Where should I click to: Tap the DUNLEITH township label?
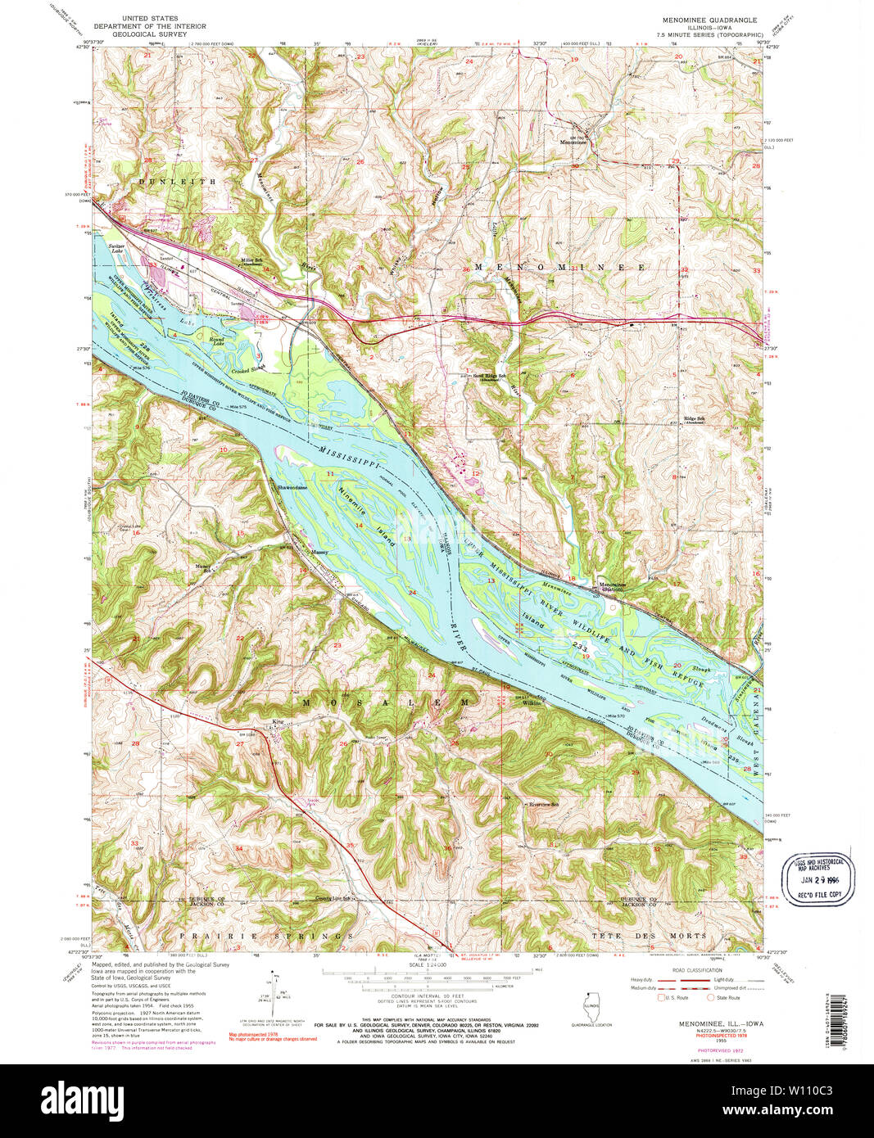click(178, 181)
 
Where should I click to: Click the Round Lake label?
click(216, 341)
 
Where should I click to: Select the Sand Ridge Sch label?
click(491, 377)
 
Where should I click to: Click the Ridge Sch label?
click(695, 419)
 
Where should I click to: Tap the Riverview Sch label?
click(543, 804)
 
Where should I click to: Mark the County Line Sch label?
click(338, 898)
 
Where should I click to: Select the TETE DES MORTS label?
click(647, 935)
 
